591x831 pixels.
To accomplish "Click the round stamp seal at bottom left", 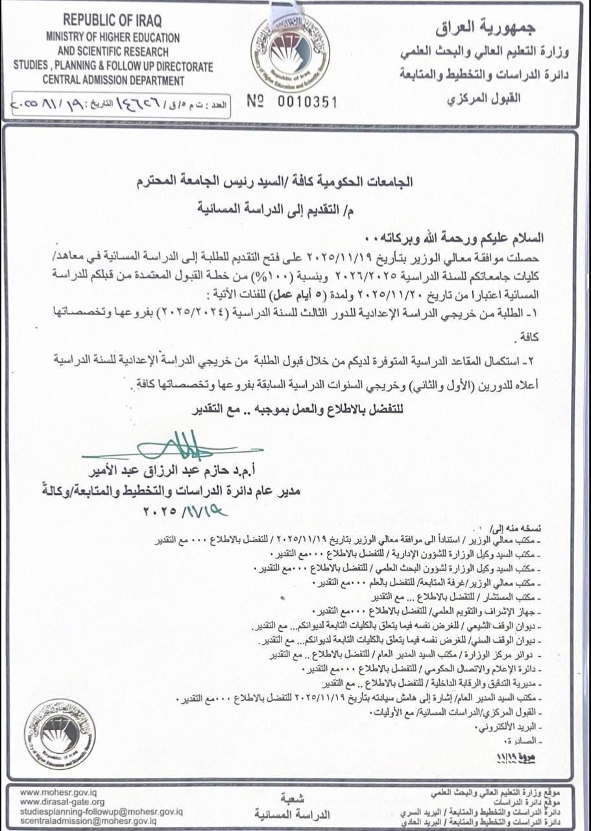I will (60, 734).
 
